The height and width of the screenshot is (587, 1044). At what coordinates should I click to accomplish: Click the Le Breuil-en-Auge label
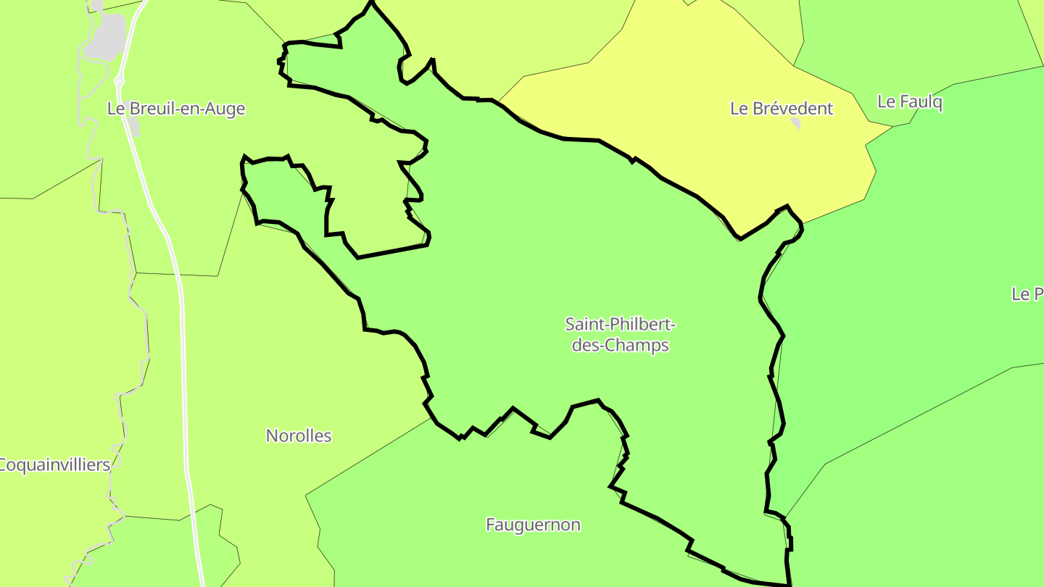coord(176,109)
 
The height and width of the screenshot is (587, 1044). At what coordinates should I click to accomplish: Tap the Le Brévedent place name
coord(782,109)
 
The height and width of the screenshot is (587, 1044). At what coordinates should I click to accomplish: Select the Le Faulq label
coord(910,102)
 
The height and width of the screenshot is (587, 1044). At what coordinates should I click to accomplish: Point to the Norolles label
coord(299,436)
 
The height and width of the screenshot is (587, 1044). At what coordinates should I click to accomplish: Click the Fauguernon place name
coord(533,525)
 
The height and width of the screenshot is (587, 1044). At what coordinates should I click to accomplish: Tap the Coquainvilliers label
coord(55,465)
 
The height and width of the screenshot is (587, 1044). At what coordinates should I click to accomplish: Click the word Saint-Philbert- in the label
coord(621,323)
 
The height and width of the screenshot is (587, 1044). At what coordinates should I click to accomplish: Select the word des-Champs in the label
coord(621,345)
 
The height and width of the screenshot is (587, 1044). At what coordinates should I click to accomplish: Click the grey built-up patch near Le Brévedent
coord(796,124)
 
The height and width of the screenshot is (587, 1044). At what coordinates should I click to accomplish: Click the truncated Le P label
coord(1027,294)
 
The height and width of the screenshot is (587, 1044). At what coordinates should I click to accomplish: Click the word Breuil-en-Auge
coord(187,109)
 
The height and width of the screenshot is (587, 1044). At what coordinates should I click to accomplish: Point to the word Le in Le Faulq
coord(886,102)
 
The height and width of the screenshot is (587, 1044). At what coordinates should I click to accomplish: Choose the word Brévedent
coord(793,109)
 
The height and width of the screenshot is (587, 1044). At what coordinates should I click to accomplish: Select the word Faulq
coord(921,102)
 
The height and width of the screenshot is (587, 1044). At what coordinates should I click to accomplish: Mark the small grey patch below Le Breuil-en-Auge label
coord(135,130)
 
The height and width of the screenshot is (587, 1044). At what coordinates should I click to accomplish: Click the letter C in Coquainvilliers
coord(4,465)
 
